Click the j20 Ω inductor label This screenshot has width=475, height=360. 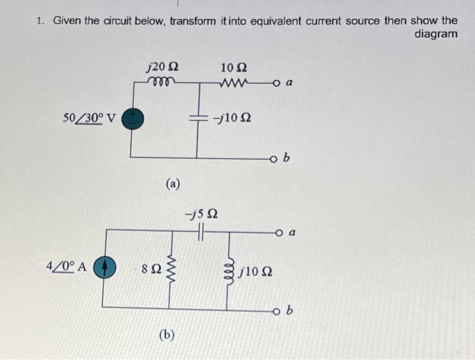tap(163, 67)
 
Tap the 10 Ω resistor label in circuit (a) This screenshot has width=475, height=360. tap(234, 67)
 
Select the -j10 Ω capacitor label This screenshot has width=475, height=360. tap(232, 118)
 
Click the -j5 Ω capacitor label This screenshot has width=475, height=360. tap(202, 215)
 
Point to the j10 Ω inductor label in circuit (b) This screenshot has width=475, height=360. tap(256, 272)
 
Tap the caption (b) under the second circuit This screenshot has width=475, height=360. tap(166, 334)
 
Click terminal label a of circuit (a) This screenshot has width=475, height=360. tap(290, 84)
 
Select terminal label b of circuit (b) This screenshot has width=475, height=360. tap(290, 312)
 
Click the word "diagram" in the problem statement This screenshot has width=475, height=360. tap(436, 34)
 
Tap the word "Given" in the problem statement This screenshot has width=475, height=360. tap(68, 20)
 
